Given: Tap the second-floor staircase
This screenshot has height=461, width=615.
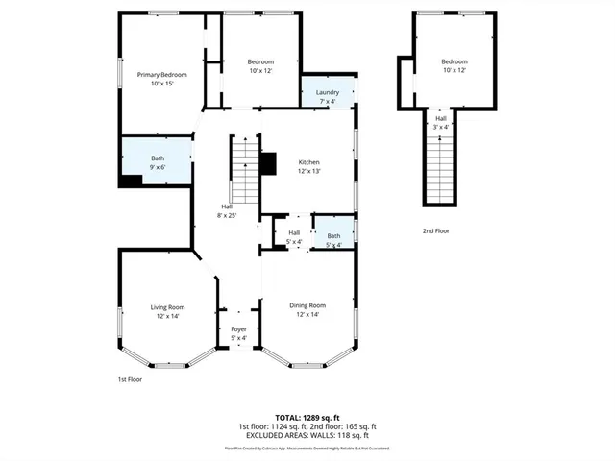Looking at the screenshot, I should pos(440,168).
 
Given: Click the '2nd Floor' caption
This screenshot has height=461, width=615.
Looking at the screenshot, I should pos(435,230).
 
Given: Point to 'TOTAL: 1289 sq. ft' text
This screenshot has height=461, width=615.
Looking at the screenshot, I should pos(307,418).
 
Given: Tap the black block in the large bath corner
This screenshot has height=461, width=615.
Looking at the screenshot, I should pos(129,180).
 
